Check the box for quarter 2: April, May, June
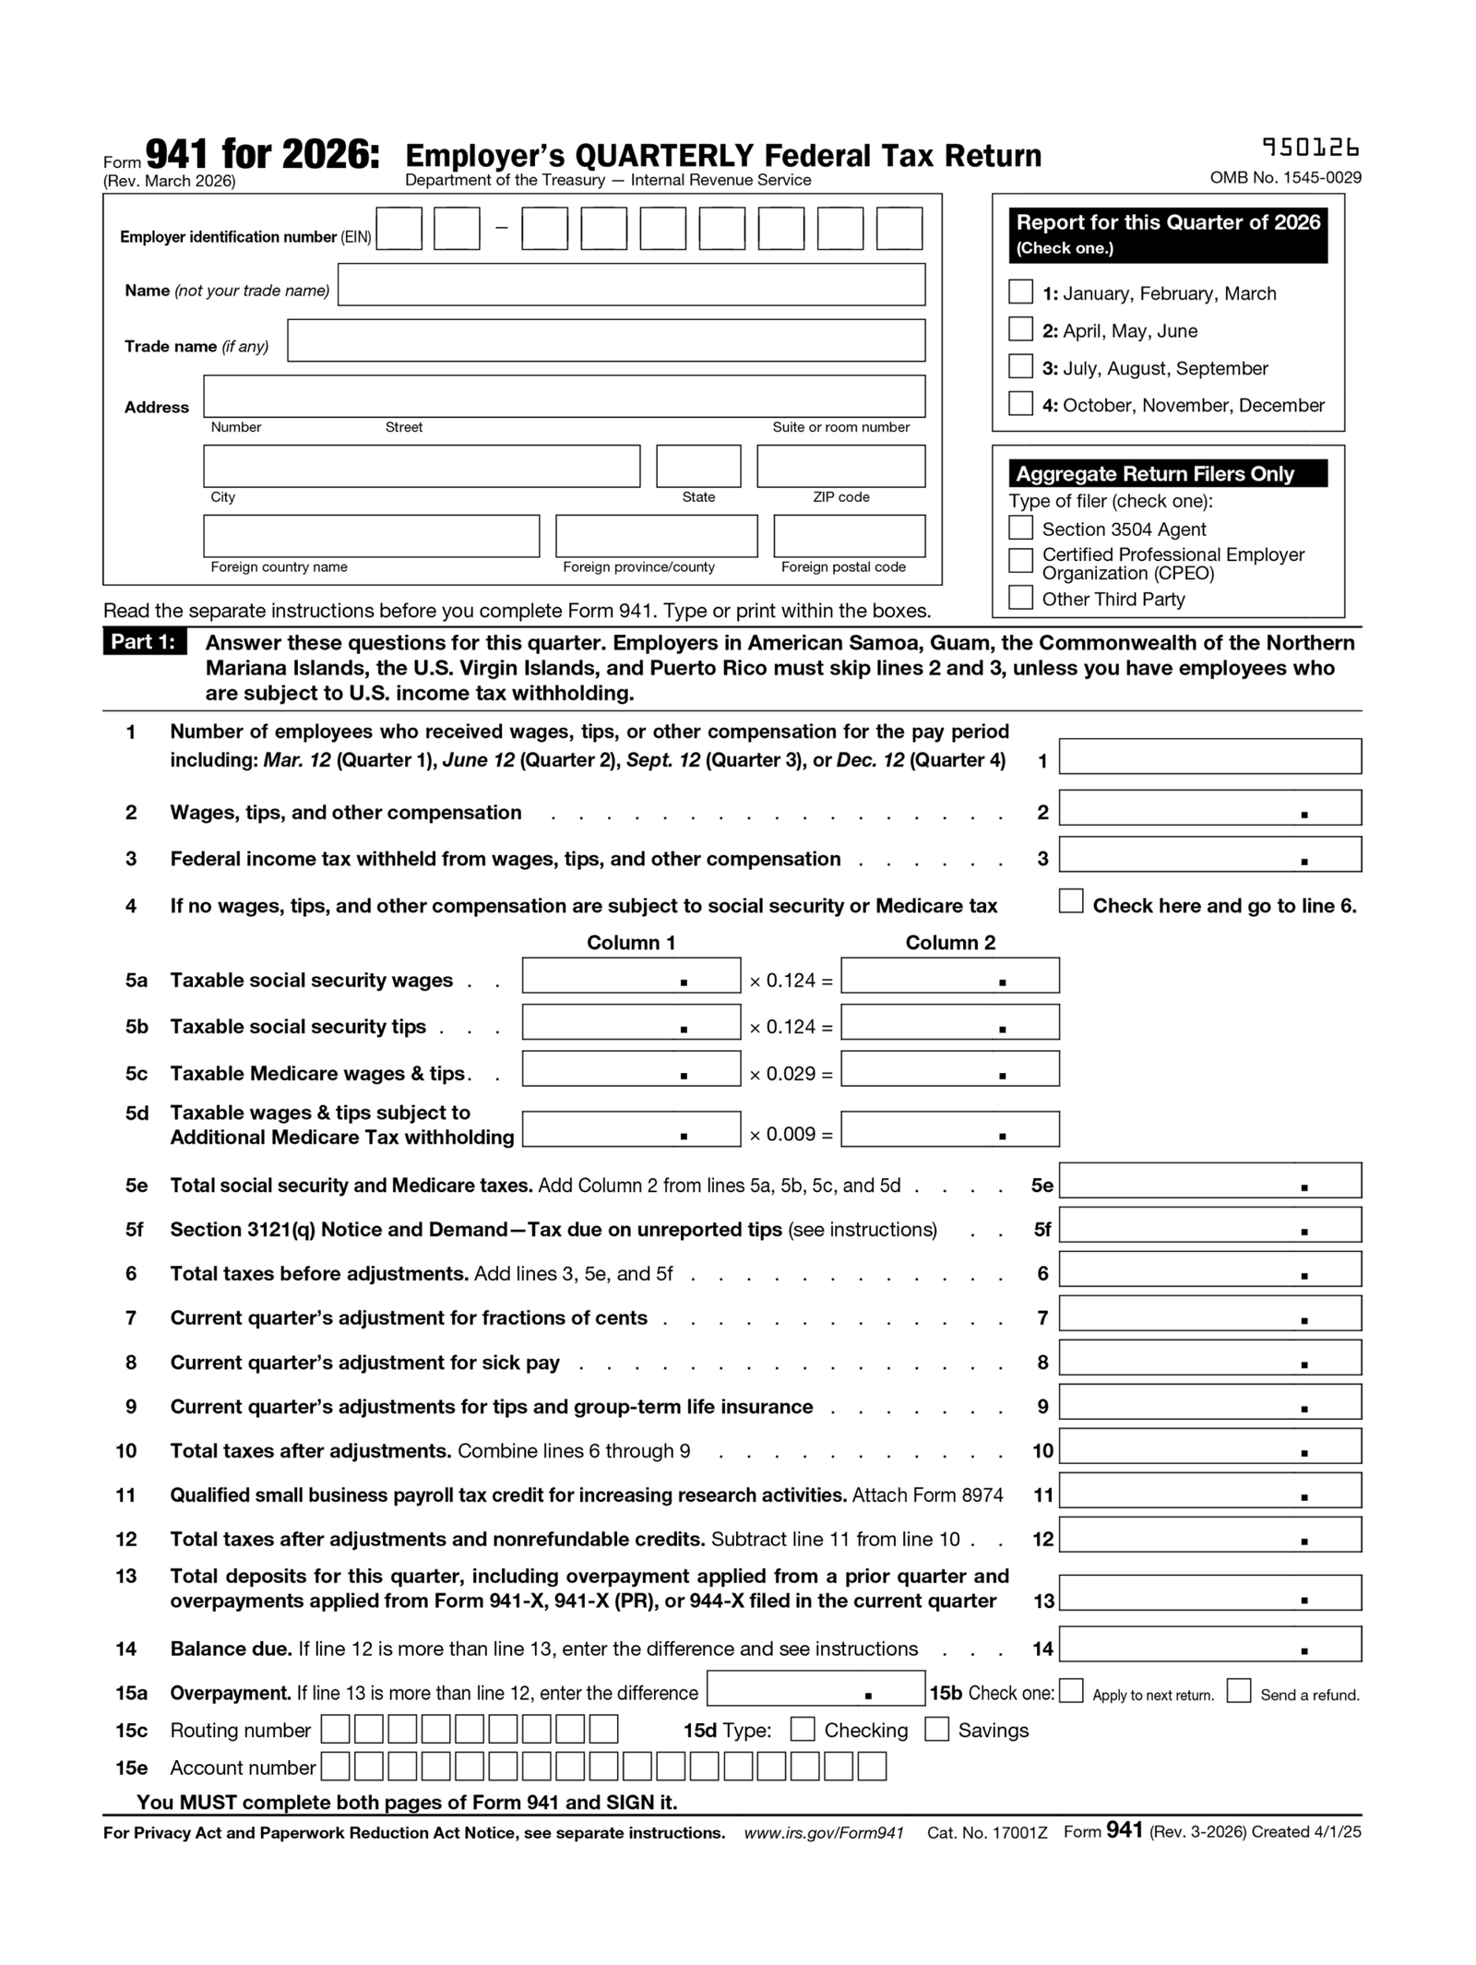tap(1019, 329)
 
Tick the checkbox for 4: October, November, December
tap(1019, 404)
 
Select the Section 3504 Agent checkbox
tap(1019, 528)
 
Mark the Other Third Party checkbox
tap(1019, 598)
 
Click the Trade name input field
tap(605, 340)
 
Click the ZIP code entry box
tap(840, 466)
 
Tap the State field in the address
tap(697, 466)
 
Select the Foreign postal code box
tap(849, 536)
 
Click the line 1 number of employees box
tap(1208, 756)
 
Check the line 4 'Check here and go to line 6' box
tap(1070, 901)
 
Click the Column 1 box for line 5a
tap(630, 976)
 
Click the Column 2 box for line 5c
tap(949, 1069)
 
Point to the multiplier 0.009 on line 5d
tap(791, 1135)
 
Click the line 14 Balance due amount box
tap(1208, 1645)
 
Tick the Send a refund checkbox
tap(1238, 1691)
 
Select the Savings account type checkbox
tap(936, 1729)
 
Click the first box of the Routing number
tap(335, 1729)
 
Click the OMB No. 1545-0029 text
tap(1285, 178)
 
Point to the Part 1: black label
tap(144, 642)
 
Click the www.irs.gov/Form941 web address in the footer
tap(823, 1833)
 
